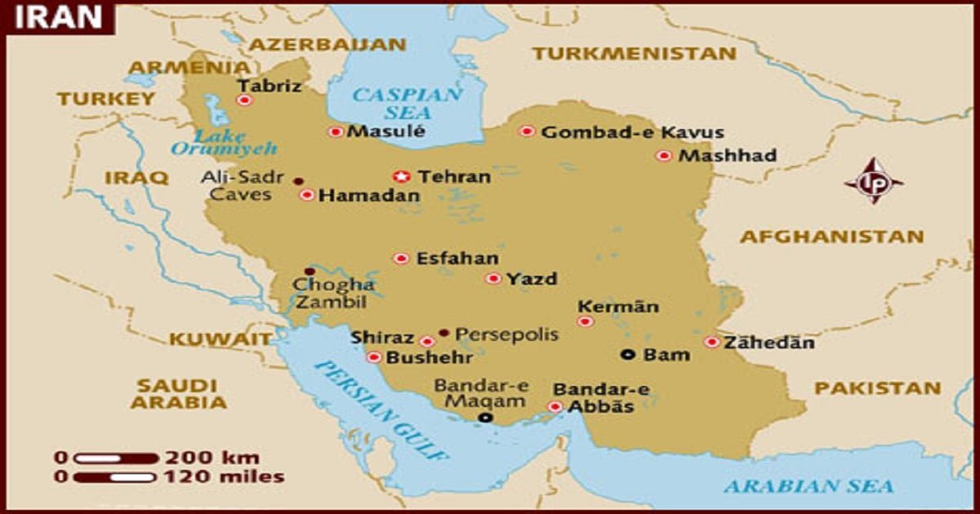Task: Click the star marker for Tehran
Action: coord(401,176)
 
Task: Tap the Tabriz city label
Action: coord(269,86)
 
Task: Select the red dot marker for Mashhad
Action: coord(664,156)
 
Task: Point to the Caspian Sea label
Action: coord(406,104)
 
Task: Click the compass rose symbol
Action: coord(873,181)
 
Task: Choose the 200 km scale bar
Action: coord(115,458)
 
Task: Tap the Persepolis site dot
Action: coord(443,333)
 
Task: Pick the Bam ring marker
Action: coord(627,354)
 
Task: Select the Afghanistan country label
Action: coord(831,237)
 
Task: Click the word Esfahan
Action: coord(457,259)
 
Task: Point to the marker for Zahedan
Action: coord(712,343)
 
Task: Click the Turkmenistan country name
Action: coord(634,54)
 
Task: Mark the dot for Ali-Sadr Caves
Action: coord(298,180)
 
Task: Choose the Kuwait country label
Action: coord(220,339)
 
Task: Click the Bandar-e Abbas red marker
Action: coord(555,406)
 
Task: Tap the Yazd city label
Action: coord(532,279)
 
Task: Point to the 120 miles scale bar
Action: coord(115,477)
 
